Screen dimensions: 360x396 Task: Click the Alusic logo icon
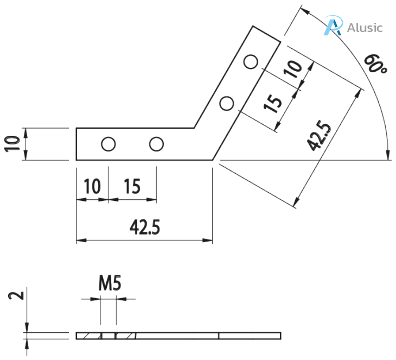333,26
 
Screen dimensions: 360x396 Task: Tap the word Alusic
365,27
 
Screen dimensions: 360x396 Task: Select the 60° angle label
374,64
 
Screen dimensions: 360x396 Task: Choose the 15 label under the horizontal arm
132,186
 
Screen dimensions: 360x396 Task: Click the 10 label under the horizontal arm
92,186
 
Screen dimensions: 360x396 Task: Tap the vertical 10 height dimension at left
12,144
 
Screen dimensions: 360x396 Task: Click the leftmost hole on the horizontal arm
108,144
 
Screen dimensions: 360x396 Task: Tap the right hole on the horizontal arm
157,144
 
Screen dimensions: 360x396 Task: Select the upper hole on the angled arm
250,62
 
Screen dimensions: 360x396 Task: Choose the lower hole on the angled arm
227,102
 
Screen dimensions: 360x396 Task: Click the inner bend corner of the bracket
194,129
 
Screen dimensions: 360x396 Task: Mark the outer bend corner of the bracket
212,160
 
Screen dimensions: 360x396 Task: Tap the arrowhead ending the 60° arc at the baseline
388,157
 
